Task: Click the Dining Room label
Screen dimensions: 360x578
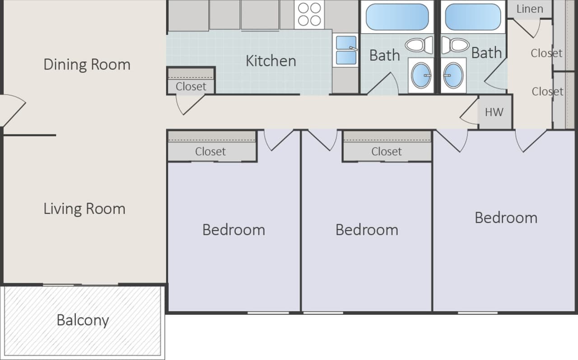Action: tap(87, 65)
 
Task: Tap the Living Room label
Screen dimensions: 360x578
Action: tap(84, 209)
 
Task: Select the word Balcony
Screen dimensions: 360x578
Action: tap(83, 320)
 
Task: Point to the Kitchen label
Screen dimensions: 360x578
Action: tap(270, 61)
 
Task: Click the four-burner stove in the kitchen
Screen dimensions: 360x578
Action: tap(309, 14)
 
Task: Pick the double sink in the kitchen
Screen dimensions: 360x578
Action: tap(346, 50)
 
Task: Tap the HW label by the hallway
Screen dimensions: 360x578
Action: tap(494, 112)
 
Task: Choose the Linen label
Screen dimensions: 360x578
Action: tap(529, 9)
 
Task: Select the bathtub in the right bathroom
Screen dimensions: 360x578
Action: tap(472, 17)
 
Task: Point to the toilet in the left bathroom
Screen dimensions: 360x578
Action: tap(420, 45)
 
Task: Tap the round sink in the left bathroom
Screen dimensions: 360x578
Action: tap(422, 75)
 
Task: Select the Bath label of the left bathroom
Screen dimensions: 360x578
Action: tap(384, 56)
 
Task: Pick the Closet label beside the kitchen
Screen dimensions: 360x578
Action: tap(191, 86)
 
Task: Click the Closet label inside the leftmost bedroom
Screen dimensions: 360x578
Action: tap(210, 152)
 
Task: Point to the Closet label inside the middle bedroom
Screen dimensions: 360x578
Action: tap(386, 152)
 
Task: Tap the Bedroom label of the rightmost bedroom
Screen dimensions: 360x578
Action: tap(506, 218)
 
